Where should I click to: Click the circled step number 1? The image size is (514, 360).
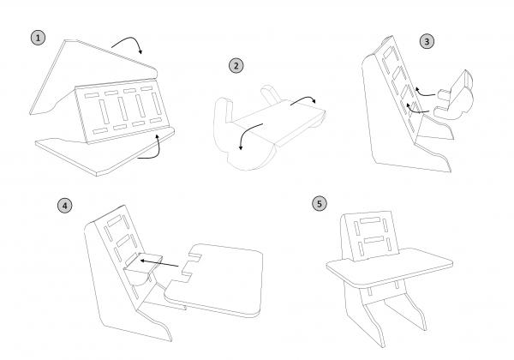pos(37,39)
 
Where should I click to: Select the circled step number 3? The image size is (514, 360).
pos(427,40)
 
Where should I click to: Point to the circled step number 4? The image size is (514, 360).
pos(64,205)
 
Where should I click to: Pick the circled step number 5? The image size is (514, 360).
pos(320,203)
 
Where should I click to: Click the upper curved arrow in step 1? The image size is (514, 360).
pos(130,44)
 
